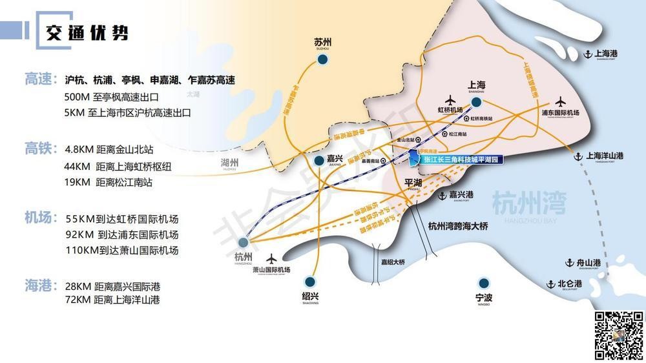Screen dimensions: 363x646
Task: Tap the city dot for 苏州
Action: tap(322, 60)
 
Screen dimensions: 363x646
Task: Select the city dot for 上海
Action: tap(476, 102)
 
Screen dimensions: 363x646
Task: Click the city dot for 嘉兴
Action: tap(318, 161)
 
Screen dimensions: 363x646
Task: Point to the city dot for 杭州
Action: tap(242, 244)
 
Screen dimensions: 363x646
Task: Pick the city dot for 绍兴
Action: tap(311, 282)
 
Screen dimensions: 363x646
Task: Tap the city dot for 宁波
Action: tap(483, 283)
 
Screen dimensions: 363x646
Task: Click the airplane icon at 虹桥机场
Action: tap(450, 100)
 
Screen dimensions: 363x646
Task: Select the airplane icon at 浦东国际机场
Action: tap(560, 101)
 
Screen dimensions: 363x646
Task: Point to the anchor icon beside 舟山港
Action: tap(569, 263)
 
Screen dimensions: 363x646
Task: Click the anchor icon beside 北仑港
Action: tap(551, 284)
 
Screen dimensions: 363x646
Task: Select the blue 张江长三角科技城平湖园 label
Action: tap(461, 159)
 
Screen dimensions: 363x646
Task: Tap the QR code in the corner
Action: tap(617, 335)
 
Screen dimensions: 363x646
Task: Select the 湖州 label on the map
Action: tap(229, 163)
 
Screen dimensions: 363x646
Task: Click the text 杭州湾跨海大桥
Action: tap(457, 226)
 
